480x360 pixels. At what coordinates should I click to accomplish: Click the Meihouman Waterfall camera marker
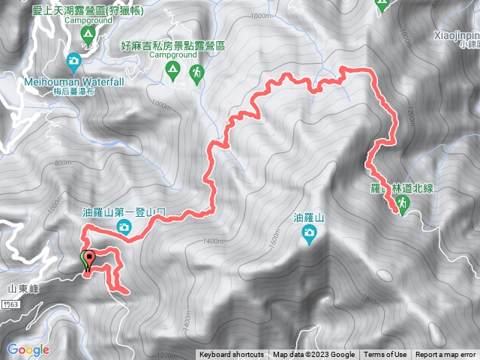(x=74, y=60)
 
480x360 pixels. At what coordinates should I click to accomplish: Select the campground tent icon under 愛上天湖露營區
(x=87, y=35)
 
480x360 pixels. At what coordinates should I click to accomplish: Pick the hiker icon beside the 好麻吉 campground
(x=196, y=73)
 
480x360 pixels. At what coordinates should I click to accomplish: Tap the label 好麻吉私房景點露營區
(x=172, y=46)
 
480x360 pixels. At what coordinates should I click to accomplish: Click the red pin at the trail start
(x=89, y=259)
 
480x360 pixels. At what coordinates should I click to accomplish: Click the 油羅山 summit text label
(x=309, y=219)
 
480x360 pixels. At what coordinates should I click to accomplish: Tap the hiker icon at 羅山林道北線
(x=403, y=205)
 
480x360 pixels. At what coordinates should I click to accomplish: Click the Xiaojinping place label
(x=456, y=35)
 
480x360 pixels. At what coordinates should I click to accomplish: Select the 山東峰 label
(x=23, y=288)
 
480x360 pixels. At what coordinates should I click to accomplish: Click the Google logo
(x=28, y=349)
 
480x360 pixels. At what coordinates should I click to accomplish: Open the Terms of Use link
(x=385, y=355)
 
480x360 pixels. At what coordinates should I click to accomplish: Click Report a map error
(x=445, y=355)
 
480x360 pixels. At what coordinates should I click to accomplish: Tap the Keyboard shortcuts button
(x=232, y=355)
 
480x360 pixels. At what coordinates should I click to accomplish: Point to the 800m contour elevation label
(x=63, y=163)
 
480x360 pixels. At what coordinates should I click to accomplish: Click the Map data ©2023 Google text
(x=313, y=355)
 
